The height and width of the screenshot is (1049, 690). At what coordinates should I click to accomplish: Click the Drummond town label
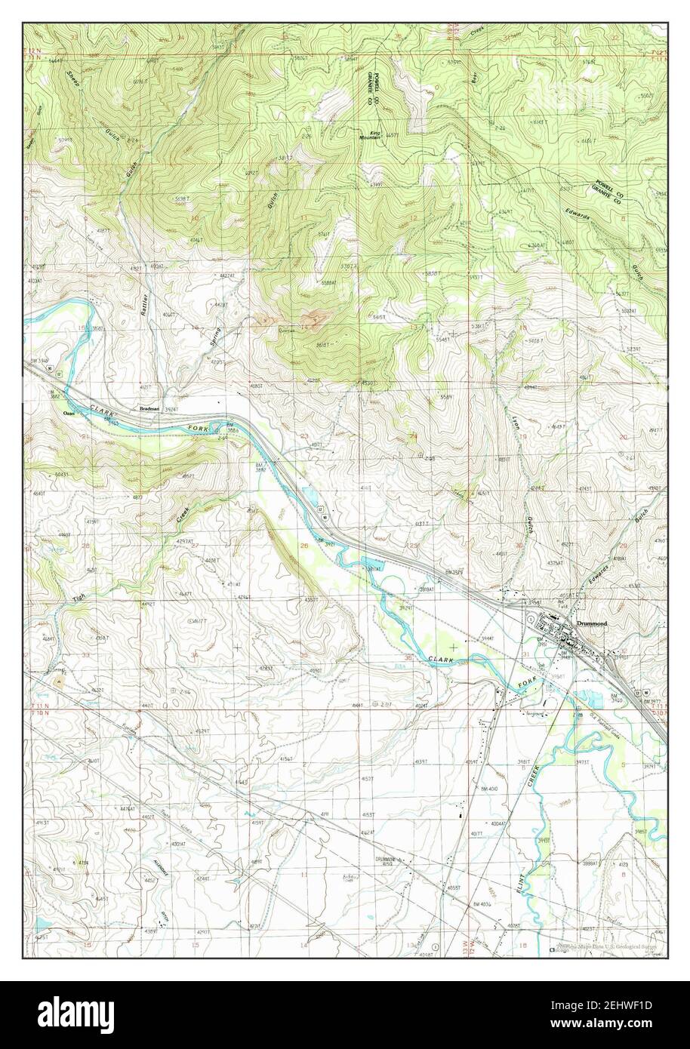[x=591, y=624]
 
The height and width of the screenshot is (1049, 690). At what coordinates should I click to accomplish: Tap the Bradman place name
[x=149, y=408]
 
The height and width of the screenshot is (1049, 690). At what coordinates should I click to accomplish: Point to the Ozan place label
[x=69, y=413]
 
